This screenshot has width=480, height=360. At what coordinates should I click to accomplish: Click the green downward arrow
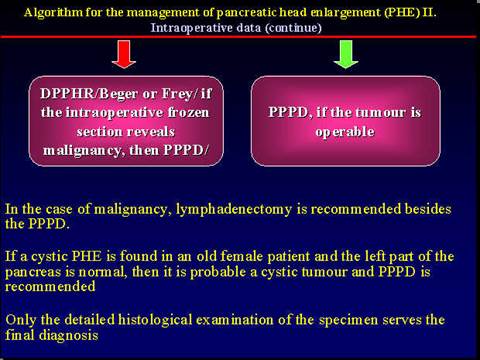[x=344, y=54]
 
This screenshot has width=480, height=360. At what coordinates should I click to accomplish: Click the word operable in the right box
[x=344, y=130]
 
